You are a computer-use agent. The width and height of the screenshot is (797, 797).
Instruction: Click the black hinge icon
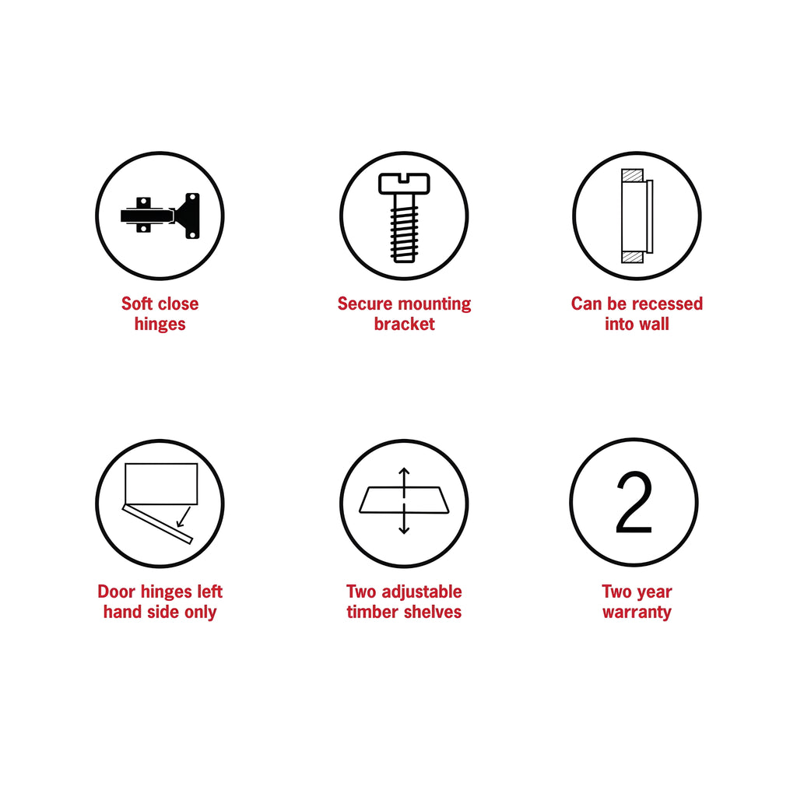[160, 216]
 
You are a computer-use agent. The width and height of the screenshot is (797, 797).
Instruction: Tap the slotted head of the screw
[404, 184]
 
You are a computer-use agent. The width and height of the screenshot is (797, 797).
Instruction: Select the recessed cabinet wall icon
[637, 216]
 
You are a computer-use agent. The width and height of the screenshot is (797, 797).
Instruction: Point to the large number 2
[634, 502]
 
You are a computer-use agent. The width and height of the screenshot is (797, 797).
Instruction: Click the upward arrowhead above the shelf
[404, 472]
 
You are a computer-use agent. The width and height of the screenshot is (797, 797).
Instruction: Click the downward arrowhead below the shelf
[404, 529]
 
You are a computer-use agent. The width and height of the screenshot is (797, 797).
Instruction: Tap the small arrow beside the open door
[184, 517]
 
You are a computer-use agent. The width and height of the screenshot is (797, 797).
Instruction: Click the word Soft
[137, 304]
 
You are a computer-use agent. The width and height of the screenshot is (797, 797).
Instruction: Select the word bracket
[404, 324]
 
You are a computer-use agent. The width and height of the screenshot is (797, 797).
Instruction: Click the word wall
[655, 324]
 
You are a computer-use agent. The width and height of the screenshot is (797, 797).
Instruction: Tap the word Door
[117, 592]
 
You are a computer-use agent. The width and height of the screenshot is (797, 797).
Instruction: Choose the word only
[200, 613]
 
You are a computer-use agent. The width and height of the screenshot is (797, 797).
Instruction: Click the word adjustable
[422, 592]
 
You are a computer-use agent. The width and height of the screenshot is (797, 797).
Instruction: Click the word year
[654, 592]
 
